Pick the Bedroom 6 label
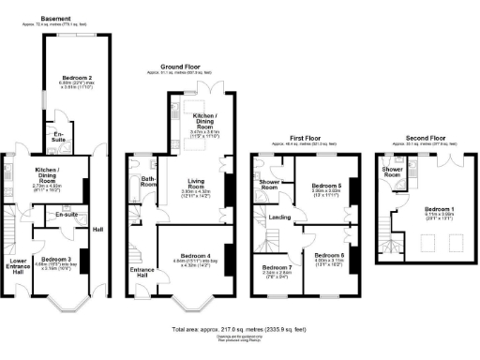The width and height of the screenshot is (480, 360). coord(330,255)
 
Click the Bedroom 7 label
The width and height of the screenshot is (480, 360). coord(277,268)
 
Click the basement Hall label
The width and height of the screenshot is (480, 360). coord(97,229)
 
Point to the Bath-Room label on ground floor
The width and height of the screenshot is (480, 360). coord(147,181)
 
